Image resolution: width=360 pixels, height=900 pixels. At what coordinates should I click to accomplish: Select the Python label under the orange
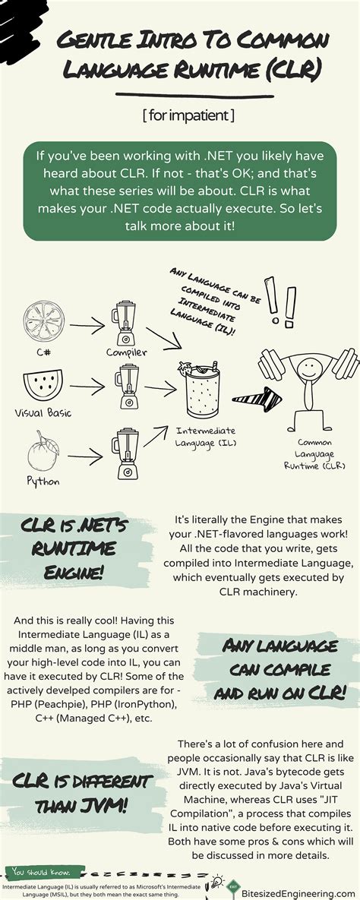click(x=43, y=482)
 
